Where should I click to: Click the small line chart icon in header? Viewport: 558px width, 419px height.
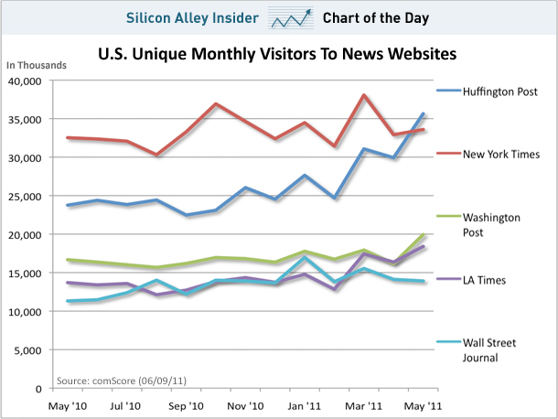288,16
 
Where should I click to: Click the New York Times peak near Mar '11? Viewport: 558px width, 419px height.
364,95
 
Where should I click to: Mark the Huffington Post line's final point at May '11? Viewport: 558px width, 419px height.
424,114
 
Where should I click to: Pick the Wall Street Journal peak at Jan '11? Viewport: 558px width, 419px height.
304,258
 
